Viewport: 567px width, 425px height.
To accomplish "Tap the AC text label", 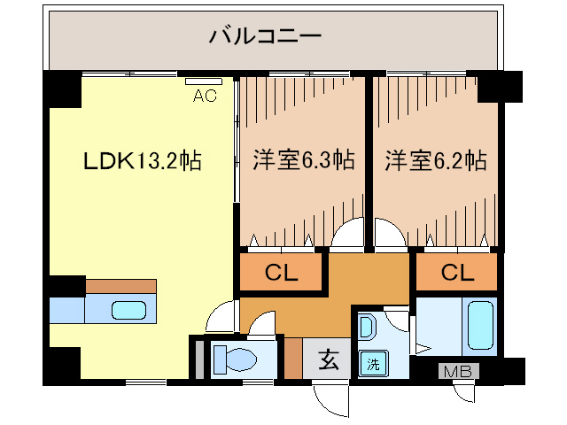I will (205, 97).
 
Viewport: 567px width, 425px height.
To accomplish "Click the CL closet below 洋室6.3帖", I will (281, 273).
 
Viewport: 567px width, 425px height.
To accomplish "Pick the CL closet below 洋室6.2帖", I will (457, 273).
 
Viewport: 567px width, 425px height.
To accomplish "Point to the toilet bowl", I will (233, 359).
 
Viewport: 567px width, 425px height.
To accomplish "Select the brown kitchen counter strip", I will (121, 286).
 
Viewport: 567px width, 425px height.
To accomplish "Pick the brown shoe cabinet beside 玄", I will (293, 358).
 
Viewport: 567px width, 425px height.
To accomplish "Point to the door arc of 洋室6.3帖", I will (348, 234).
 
